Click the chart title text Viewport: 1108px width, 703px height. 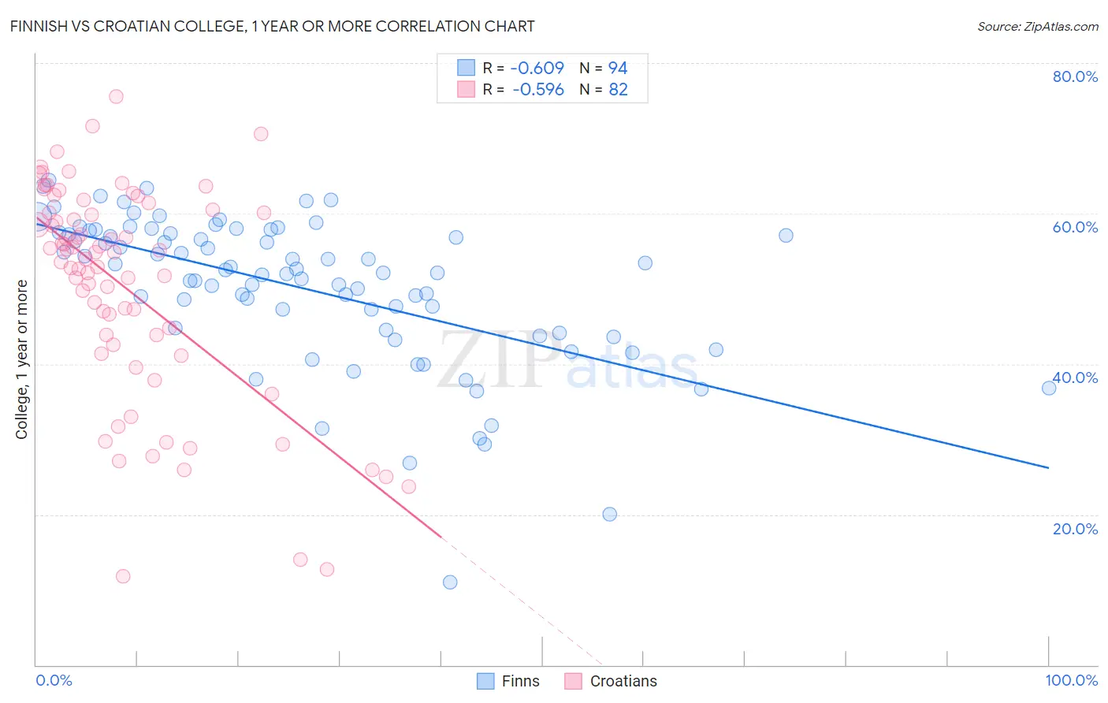273,26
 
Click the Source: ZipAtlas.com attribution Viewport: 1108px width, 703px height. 1037,26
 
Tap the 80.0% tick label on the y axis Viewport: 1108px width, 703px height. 1075,76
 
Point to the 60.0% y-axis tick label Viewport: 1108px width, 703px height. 1075,227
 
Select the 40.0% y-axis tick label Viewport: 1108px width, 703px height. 1075,378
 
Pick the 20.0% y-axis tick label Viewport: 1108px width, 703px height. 1075,528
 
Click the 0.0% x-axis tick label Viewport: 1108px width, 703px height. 54,680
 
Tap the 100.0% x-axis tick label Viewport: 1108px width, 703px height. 1071,680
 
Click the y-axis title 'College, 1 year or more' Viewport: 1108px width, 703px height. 21,359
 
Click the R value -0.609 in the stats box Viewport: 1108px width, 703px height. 538,68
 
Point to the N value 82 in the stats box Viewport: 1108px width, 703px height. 618,90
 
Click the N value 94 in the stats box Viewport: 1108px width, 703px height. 618,68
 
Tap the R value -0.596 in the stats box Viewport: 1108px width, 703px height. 538,90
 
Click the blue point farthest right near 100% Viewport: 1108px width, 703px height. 1048,388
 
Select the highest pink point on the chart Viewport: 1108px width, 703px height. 116,96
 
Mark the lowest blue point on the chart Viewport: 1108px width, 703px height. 450,582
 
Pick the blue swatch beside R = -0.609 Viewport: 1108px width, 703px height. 467,68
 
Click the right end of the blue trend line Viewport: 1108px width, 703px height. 1048,468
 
